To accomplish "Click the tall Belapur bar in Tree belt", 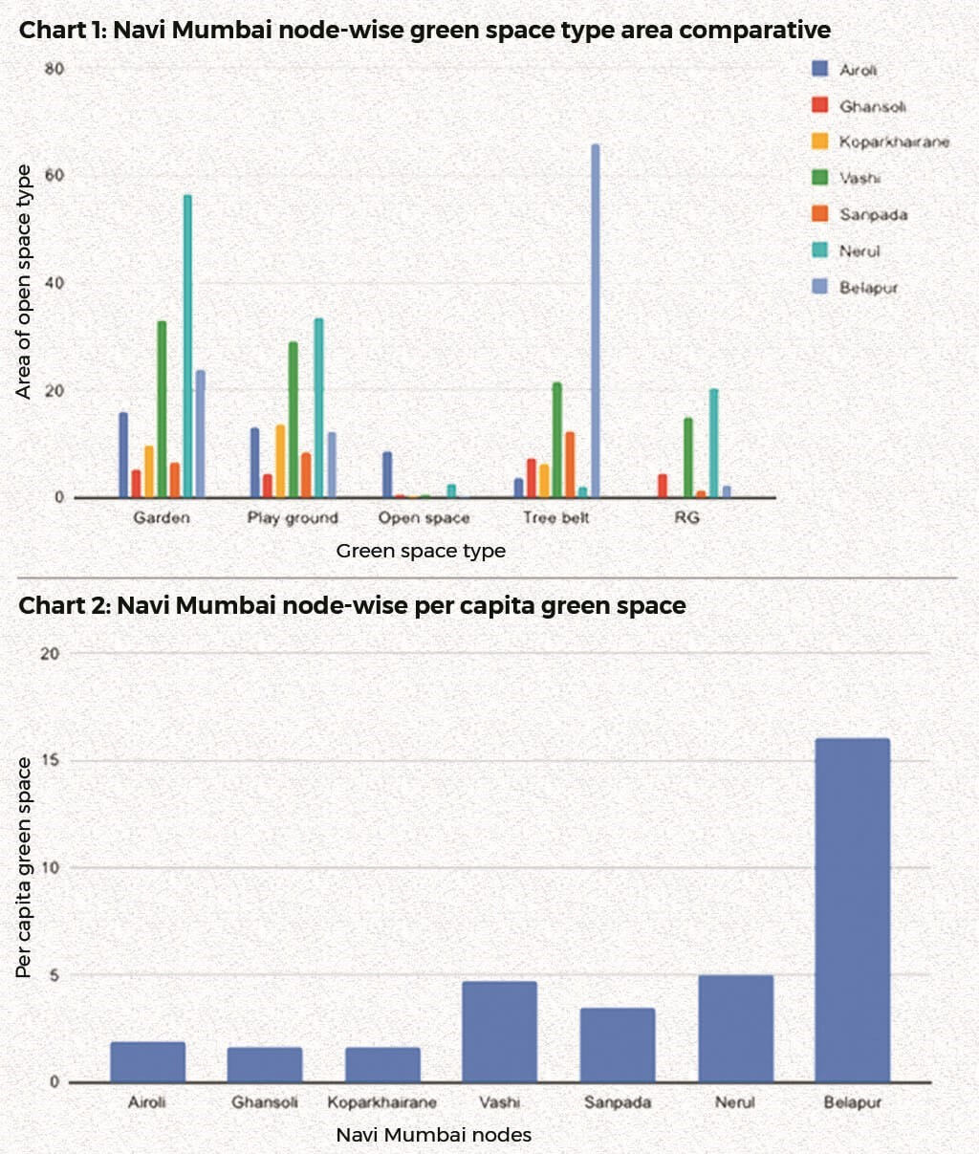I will coord(596,321).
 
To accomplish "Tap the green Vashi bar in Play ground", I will coord(293,420).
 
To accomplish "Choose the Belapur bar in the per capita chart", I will coord(852,909).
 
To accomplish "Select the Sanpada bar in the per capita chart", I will coord(618,1044).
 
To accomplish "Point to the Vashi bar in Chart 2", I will coord(499,1031).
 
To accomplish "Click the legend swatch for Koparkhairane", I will coord(819,142).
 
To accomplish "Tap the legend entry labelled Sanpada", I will coord(873,214).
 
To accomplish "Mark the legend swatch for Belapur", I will coord(819,286).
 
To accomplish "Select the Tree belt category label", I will coord(555,518).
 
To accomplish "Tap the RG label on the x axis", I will coord(686,518).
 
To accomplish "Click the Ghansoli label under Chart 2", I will coord(265,1102).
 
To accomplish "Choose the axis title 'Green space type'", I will coord(421,552).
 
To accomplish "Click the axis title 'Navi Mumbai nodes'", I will coord(433,1136).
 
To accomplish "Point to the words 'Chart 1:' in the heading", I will coord(62,31).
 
